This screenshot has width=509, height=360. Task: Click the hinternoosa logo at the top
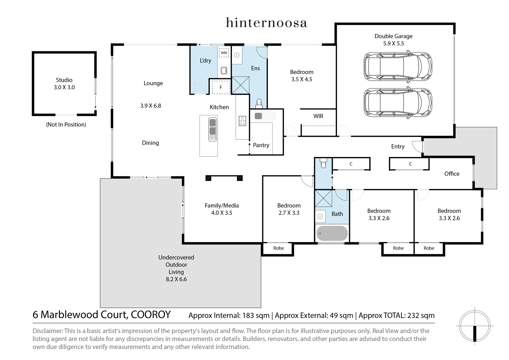pyautogui.click(x=266, y=23)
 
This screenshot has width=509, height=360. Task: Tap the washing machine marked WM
pyautogui.click(x=224, y=53)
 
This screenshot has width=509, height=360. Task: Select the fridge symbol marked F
pyautogui.click(x=221, y=87)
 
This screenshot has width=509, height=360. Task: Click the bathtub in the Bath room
pyautogui.click(x=332, y=233)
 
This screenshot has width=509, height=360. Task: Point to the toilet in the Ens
pyautogui.click(x=259, y=104)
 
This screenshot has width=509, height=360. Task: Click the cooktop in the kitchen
pyautogui.click(x=242, y=121)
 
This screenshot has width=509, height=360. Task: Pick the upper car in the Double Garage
pyautogui.click(x=398, y=66)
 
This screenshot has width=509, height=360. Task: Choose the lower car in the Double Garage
pyautogui.click(x=398, y=103)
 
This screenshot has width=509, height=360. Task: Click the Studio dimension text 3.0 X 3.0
pyautogui.click(x=64, y=87)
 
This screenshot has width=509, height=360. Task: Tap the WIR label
pyautogui.click(x=318, y=116)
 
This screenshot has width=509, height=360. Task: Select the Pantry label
pyautogui.click(x=261, y=145)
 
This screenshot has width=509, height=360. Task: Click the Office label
pyautogui.click(x=452, y=174)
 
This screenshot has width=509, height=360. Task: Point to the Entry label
pyautogui.click(x=398, y=146)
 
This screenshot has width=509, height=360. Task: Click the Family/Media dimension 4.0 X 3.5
pyautogui.click(x=222, y=213)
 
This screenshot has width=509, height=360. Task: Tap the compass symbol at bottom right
pyautogui.click(x=474, y=325)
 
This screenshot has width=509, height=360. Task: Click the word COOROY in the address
pyautogui.click(x=151, y=315)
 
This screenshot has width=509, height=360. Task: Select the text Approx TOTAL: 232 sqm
pyautogui.click(x=396, y=315)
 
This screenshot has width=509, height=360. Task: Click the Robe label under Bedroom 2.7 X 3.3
pyautogui.click(x=278, y=248)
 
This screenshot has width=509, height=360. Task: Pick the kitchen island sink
pyautogui.click(x=212, y=129)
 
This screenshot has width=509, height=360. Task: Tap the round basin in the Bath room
pyautogui.click(x=320, y=216)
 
